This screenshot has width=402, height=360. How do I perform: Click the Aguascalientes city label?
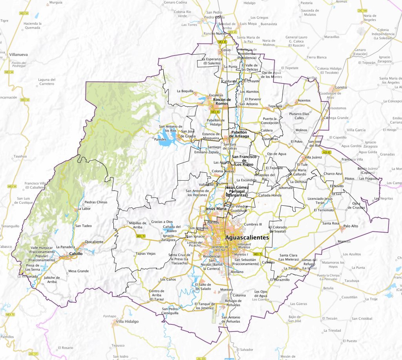pyautogui.click(x=247, y=238)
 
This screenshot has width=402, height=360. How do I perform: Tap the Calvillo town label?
pyautogui.click(x=76, y=254)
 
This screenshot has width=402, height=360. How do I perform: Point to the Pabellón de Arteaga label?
pyautogui.click(x=239, y=134)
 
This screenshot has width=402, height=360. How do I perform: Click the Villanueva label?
pyautogui.click(x=18, y=55)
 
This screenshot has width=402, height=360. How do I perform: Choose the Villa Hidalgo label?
pyautogui.click(x=127, y=321)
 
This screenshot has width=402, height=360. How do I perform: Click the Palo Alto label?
pyautogui.click(x=351, y=226)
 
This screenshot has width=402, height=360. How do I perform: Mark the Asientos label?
pyautogui.click(x=304, y=101)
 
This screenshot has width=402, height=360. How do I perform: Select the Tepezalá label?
pyautogui.click(x=275, y=106)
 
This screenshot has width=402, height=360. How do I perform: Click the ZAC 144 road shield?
pyautogui.click(x=362, y=11)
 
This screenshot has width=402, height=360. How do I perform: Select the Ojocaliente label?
pyautogui.click(x=94, y=242)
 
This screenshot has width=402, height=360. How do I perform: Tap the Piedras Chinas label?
pyautogui.click(x=96, y=202)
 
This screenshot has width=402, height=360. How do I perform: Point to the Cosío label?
pyautogui.click(x=226, y=50)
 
